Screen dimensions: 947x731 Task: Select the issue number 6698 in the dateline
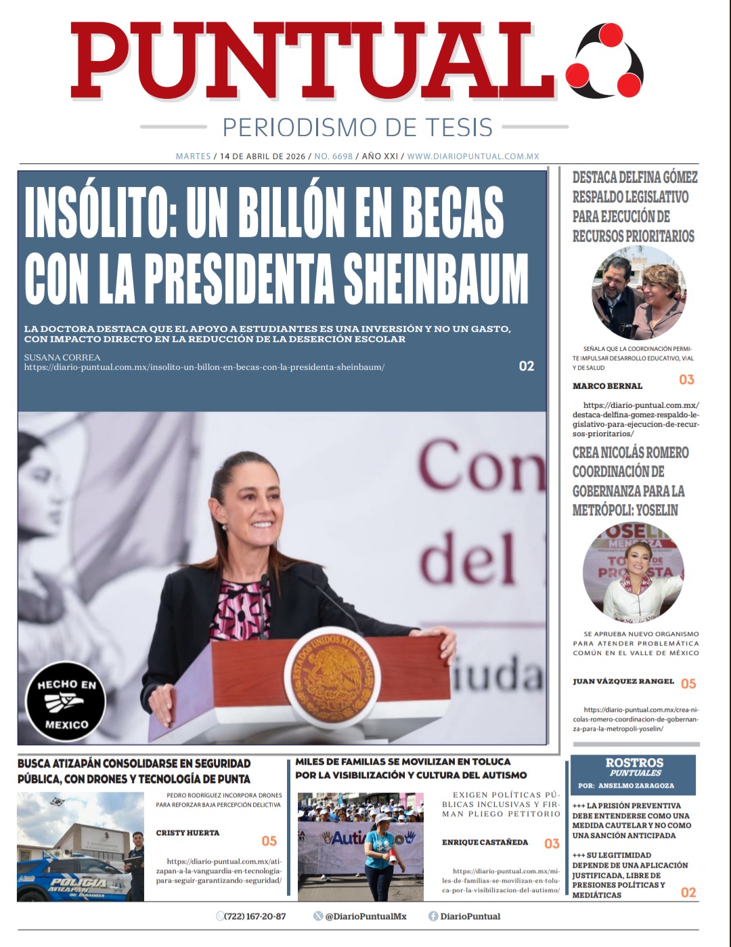[x=333, y=156]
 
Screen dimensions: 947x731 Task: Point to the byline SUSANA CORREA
[x=62, y=357]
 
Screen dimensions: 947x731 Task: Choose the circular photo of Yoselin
[x=633, y=572]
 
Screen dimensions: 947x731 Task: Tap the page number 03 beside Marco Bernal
[x=686, y=379]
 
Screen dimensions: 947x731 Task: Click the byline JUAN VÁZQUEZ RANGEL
[x=623, y=681]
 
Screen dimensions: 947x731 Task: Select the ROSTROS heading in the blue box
[x=634, y=763]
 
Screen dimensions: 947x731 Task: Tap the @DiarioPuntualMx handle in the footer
[x=365, y=917]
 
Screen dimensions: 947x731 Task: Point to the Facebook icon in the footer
[x=433, y=917]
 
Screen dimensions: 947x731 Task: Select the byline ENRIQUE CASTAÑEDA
[x=485, y=842]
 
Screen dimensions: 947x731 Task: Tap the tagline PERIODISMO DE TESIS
[x=357, y=127]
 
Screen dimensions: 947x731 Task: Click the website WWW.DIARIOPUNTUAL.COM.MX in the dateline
[x=473, y=156]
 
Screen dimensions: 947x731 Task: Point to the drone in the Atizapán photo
[x=58, y=802]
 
